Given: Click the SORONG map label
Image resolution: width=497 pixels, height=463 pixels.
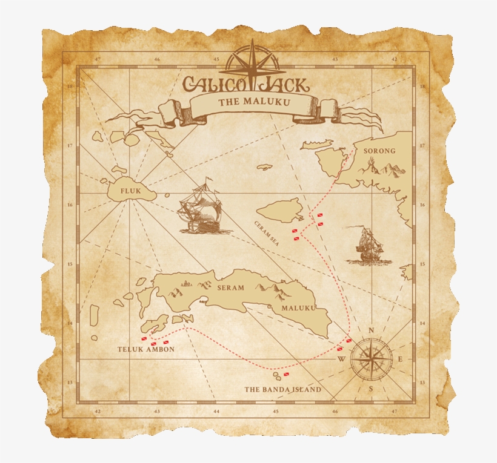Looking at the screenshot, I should click(379, 151).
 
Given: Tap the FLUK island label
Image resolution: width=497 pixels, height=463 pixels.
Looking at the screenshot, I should click(130, 191).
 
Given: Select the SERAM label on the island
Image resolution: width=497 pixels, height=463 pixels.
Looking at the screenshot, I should click(230, 288).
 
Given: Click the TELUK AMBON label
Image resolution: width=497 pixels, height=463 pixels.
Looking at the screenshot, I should click(146, 349).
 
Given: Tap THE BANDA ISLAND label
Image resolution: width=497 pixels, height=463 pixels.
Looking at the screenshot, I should click(282, 389).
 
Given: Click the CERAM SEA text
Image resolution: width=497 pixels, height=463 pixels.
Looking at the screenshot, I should click(266, 234).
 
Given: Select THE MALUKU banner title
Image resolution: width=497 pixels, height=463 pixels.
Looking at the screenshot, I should click(254, 102).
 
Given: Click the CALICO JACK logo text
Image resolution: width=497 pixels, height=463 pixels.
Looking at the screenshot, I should click(251, 82).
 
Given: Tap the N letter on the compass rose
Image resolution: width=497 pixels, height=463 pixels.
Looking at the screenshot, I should click(372, 330).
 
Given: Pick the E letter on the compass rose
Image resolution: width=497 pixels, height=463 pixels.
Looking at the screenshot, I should click(400, 360).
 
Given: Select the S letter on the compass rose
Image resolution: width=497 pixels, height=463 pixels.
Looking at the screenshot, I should click(371, 388).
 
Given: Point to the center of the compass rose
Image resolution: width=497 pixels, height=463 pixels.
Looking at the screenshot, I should click(371, 360).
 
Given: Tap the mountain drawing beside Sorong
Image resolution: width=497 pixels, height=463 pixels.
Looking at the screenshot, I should click(384, 168).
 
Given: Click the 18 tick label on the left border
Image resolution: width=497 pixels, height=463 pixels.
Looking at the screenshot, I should click(69, 87).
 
